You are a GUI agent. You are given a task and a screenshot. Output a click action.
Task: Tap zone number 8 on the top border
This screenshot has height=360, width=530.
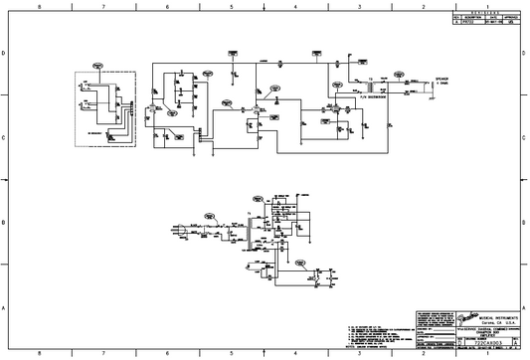click(39, 5)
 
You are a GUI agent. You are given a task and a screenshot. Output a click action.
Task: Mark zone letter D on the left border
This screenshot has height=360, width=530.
click(5, 52)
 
